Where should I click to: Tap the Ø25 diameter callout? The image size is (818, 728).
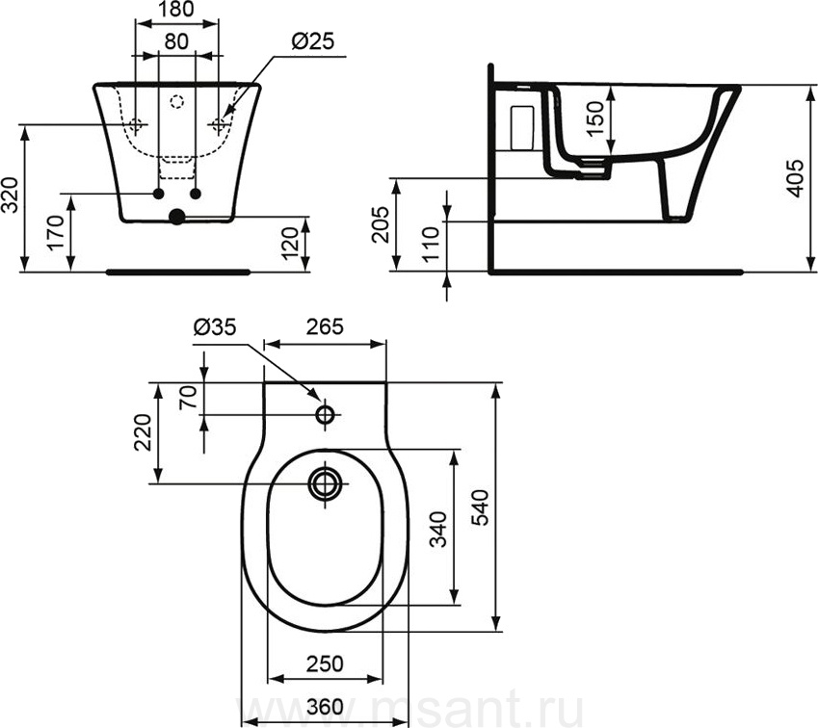pos(312,41)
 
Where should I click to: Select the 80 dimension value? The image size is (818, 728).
pos(176,41)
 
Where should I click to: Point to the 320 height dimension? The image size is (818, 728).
pos(11,195)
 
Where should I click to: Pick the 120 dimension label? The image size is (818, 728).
pos(290,243)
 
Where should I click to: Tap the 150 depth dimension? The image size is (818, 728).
pos(594,118)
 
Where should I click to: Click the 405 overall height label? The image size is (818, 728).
pos(794,178)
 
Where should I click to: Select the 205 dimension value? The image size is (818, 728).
pos(381,224)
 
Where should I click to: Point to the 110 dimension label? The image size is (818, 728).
pos(433,245)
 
